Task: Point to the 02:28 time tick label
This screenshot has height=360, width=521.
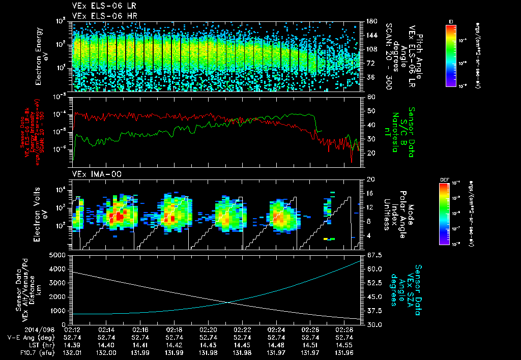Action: point(344,329)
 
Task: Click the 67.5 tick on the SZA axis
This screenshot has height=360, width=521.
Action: point(370,255)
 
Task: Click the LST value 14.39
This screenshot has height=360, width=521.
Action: point(72,344)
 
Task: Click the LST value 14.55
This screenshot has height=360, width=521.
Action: point(344,344)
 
